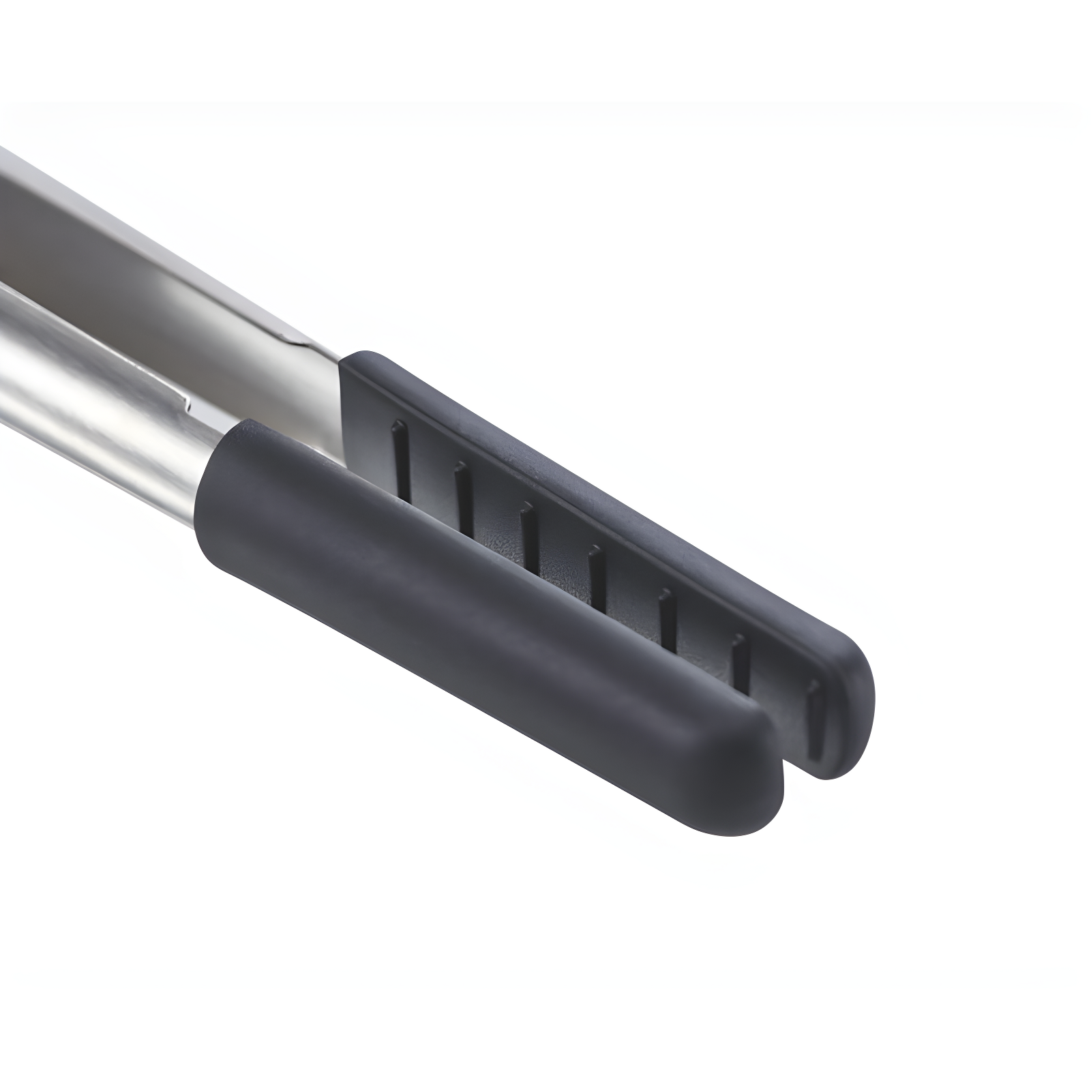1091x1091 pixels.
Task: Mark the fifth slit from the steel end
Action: (x=668, y=617)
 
